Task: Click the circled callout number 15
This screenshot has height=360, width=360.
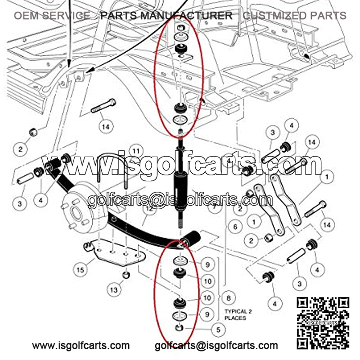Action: (81, 270)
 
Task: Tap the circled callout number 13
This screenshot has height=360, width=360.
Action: (114, 290)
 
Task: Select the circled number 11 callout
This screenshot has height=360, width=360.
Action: (136, 151)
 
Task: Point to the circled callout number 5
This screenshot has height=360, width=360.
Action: (218, 330)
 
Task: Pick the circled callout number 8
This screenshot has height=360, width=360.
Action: (229, 298)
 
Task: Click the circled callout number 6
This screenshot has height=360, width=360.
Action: (235, 227)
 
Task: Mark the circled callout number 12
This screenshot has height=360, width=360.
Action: (149, 209)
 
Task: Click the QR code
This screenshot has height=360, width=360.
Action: (323, 323)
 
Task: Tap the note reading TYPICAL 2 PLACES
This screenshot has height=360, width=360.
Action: (238, 315)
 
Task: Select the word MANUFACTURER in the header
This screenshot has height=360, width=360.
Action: (186, 16)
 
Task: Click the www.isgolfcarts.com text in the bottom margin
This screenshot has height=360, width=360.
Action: (81, 345)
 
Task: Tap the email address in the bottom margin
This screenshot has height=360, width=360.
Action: (216, 346)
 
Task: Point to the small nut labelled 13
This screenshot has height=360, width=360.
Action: (126, 275)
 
